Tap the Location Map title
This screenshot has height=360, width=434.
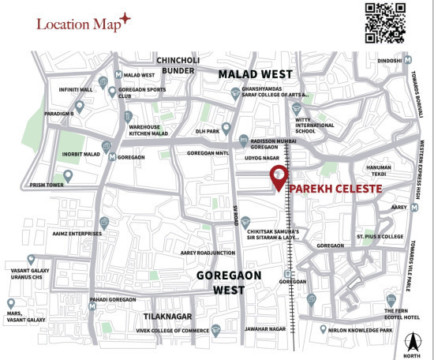(78, 23)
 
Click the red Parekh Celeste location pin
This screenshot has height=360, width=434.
(278, 178)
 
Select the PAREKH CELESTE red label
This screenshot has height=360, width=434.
(335, 189)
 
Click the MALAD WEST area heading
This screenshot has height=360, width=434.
(255, 74)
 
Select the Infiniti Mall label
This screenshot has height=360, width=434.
(75, 89)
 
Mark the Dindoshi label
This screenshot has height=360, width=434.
(389, 60)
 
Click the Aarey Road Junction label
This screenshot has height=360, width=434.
(208, 253)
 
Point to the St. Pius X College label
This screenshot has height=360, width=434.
(380, 236)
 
